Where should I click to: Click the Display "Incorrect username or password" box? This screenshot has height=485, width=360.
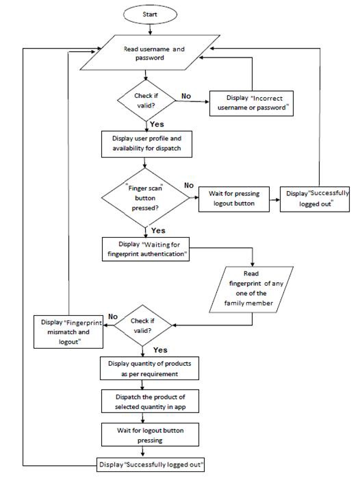click(250, 103)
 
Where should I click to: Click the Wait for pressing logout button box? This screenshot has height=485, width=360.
click(237, 199)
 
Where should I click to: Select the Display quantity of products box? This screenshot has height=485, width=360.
click(149, 369)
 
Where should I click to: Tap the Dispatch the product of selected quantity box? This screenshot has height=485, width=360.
click(149, 402)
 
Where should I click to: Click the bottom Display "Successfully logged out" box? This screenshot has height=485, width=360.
click(151, 465)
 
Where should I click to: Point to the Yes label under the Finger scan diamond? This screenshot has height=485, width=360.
click(158, 231)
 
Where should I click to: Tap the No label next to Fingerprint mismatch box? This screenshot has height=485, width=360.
click(114, 317)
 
